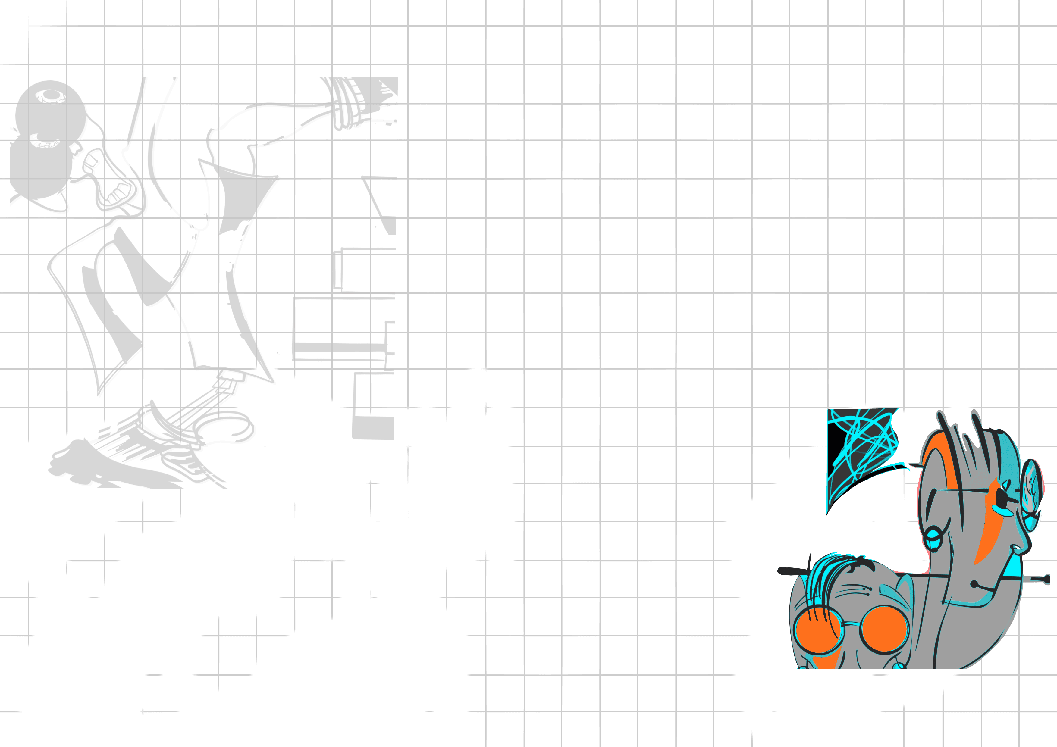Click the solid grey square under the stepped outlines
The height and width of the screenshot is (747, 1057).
[x=373, y=428]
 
